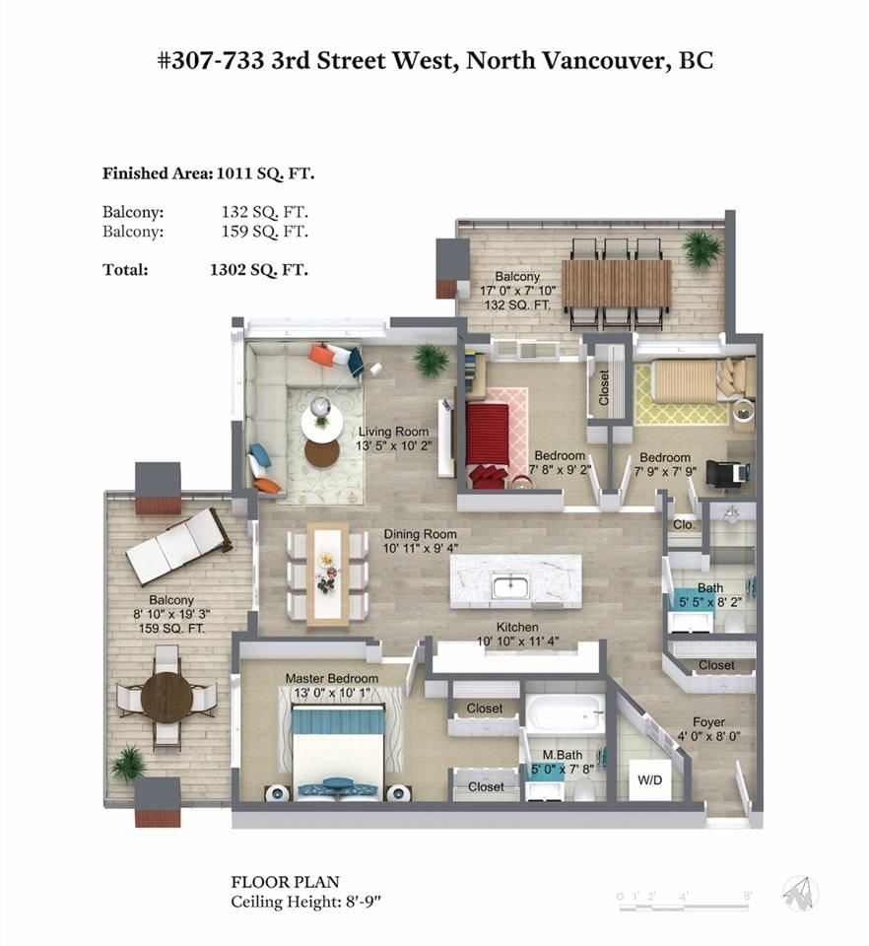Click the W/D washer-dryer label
(649, 780)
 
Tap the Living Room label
(393, 432)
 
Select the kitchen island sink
(510, 586)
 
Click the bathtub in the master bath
(565, 714)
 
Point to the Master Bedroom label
(332, 679)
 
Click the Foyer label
(708, 722)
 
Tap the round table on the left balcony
(167, 698)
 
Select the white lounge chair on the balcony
(178, 547)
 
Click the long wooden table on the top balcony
(617, 283)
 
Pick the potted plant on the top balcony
(702, 248)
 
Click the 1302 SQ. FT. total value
(259, 270)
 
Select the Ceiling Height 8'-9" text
(307, 903)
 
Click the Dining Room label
(421, 534)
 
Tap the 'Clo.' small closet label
(684, 525)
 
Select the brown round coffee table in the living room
(321, 453)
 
